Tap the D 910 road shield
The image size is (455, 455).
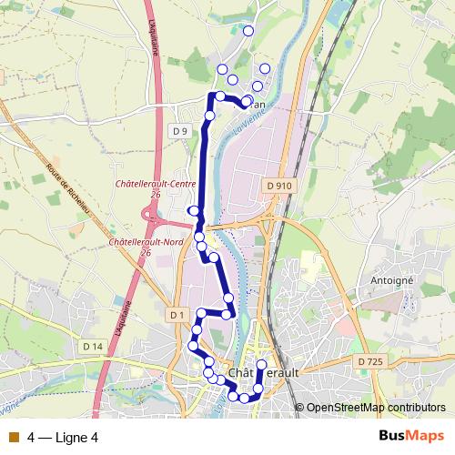280,186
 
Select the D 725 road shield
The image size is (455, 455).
370,362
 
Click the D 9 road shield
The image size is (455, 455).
180,131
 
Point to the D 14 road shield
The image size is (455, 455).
93,346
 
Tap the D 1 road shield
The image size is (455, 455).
177,315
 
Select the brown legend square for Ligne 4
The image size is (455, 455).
12,436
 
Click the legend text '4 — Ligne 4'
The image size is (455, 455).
63,436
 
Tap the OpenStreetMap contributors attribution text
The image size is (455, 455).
376,408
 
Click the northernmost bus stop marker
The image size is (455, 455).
248,31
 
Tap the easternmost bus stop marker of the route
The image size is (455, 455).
266,68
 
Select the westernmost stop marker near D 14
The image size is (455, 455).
193,346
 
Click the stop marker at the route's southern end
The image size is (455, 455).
244,398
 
